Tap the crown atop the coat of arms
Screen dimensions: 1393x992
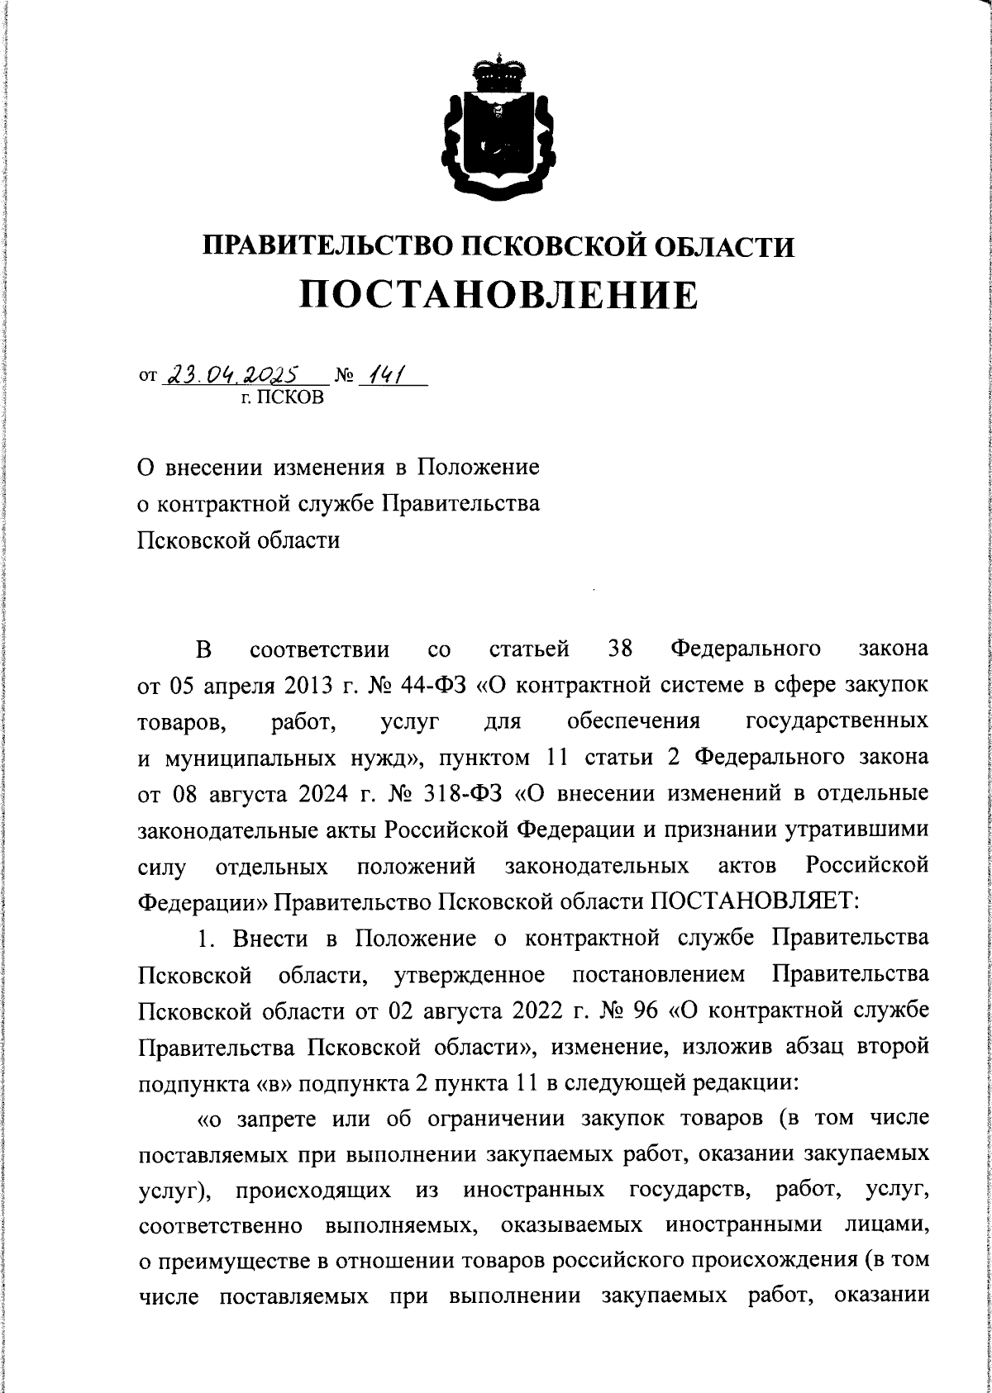pyautogui.click(x=497, y=72)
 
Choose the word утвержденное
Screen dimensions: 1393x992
pyautogui.click(x=470, y=973)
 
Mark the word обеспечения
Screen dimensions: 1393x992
pyautogui.click(x=634, y=721)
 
